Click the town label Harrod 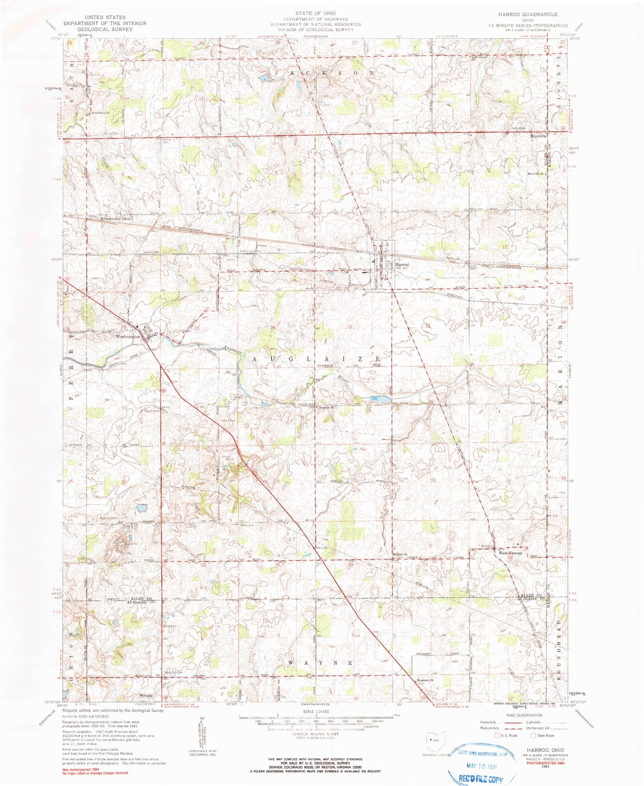401,265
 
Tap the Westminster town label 127,336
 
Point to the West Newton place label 510,553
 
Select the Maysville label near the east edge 538,136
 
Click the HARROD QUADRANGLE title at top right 528,14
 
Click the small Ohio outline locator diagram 436,740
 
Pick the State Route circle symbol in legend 533,735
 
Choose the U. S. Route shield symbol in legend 497,735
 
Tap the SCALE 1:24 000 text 315,711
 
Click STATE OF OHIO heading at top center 315,13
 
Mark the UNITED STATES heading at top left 105,17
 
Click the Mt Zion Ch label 400,554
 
